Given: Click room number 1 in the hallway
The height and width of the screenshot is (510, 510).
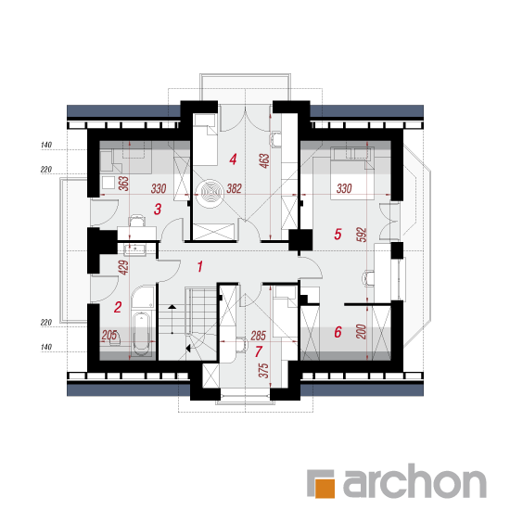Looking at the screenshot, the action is [200, 266].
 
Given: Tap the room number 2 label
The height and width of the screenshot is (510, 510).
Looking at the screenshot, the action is [118, 307].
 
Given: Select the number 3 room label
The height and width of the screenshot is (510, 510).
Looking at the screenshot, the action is [158, 210].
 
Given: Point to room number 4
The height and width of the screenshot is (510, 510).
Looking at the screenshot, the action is [233, 159].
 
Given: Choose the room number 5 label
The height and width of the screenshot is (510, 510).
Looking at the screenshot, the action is [338, 234].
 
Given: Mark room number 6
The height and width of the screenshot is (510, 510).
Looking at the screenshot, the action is [338, 332].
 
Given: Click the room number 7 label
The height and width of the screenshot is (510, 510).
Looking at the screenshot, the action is [259, 352].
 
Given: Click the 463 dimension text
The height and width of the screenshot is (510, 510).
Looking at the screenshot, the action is [264, 160].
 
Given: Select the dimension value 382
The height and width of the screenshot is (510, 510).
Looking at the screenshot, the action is [234, 188].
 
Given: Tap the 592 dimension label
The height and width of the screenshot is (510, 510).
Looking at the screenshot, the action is [362, 235].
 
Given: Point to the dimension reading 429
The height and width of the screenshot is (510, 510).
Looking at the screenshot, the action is [124, 267].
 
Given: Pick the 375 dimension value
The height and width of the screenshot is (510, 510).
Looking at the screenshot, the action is [263, 371].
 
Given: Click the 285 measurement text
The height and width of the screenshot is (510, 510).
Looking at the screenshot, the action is [259, 336].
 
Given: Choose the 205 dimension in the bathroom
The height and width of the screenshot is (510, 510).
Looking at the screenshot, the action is [109, 335].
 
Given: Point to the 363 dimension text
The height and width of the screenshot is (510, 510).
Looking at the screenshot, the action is [124, 184].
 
